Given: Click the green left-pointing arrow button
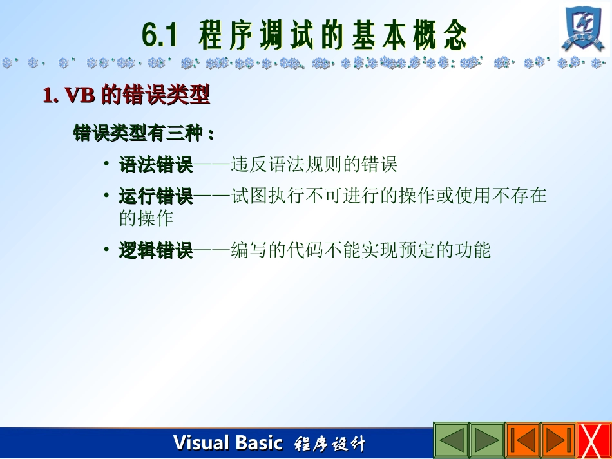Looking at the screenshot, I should pos(450,440).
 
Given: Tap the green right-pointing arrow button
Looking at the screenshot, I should pos(486,440).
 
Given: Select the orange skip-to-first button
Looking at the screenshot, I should pos(522,440).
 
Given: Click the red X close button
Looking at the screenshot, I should pos(593,441).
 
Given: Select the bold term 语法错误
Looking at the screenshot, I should pos(156,165).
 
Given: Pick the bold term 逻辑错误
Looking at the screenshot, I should pos(156,250).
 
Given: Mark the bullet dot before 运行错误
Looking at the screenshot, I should pos(106,194).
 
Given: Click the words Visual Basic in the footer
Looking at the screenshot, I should pos(227,443).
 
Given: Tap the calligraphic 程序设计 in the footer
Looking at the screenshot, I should pos(329,444).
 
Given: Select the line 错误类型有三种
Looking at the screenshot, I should pos(143,134).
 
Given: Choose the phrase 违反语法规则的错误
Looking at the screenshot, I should pos(314,165).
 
